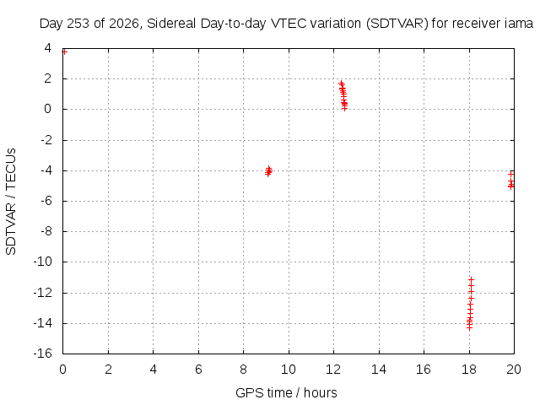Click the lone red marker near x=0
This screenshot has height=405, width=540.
click(x=64, y=51)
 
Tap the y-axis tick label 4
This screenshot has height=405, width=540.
click(x=47, y=48)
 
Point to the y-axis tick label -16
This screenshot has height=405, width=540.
click(x=43, y=354)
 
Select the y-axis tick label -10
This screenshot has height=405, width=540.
click(x=43, y=262)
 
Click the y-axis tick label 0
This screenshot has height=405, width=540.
click(x=47, y=109)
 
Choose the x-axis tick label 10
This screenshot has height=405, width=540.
click(x=289, y=370)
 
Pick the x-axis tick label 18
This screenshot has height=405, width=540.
click(x=469, y=370)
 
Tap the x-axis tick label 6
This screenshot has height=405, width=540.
click(x=198, y=370)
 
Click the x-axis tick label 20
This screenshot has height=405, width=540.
click(x=514, y=370)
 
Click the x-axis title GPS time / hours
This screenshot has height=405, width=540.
click(x=286, y=392)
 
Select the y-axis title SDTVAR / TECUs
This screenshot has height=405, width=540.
click(x=11, y=202)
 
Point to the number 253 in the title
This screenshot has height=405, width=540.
click(x=78, y=24)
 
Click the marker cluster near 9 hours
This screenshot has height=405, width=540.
click(x=268, y=170)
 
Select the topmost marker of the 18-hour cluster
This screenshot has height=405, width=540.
click(x=472, y=279)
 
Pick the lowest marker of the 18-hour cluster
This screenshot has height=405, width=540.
click(x=469, y=328)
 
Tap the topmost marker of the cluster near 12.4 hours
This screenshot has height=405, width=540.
click(x=341, y=83)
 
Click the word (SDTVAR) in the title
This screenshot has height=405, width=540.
click(x=397, y=24)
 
